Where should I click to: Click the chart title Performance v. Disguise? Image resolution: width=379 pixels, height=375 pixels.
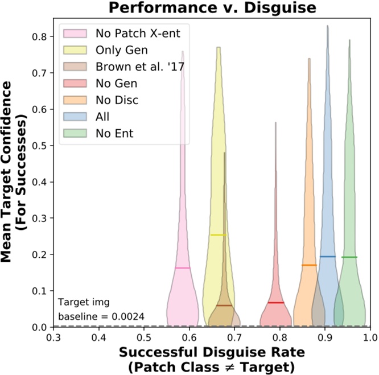coord(211,8)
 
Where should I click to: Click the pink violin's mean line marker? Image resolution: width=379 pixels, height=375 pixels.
coord(183,267)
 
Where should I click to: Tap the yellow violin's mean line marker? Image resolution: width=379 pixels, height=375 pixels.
coord(218,234)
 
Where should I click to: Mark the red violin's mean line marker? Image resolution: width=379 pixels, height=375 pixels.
coord(276,302)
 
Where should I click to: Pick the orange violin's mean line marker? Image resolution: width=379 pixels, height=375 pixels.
coord(309,265)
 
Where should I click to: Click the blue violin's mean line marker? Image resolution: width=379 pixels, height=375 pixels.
coord(327,256)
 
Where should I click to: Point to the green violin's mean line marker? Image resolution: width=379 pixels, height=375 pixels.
coord(349,257)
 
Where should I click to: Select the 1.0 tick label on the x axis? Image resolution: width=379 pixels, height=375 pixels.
coord(370,337)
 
